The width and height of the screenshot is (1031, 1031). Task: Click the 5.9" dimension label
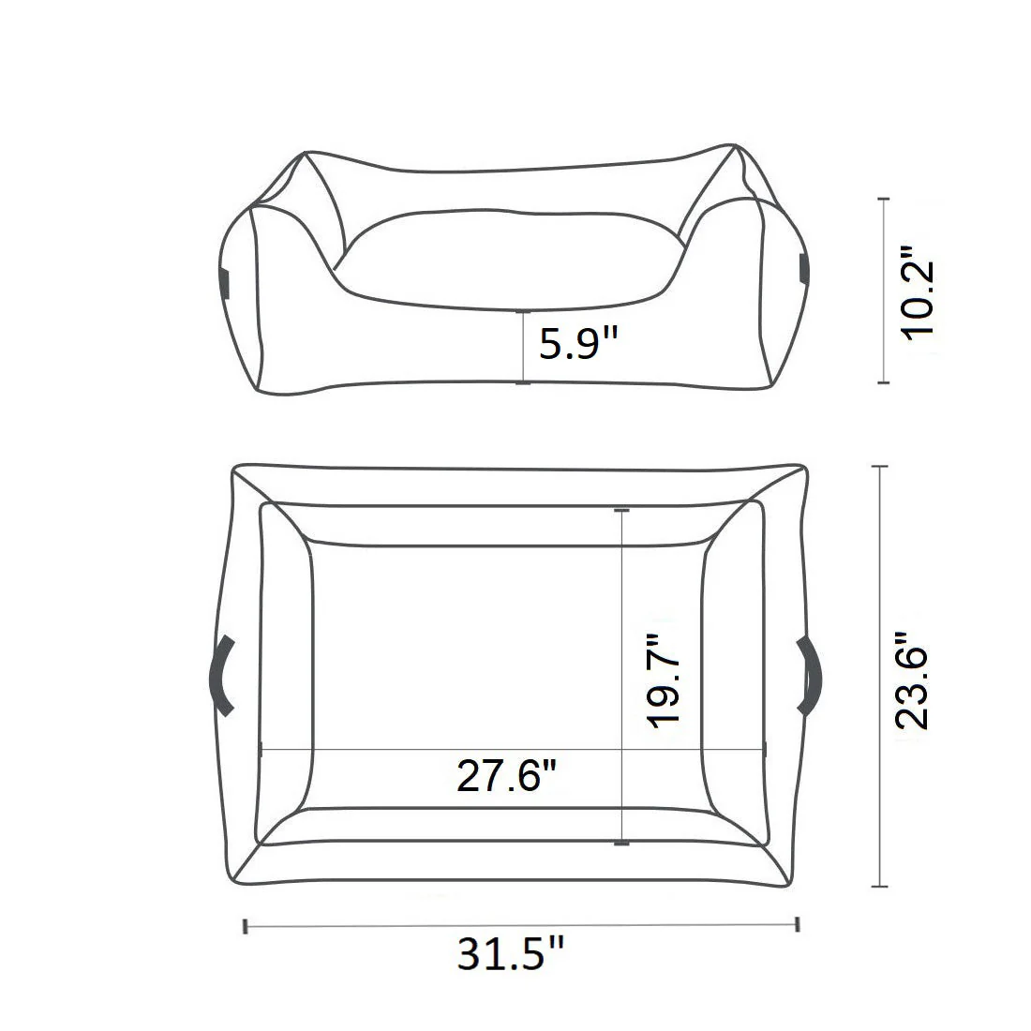tap(578, 343)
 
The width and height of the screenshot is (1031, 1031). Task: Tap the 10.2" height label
tap(918, 292)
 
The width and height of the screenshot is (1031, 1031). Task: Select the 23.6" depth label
tap(911, 680)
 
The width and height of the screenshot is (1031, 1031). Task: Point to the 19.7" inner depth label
tap(663, 680)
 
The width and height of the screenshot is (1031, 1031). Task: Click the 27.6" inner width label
tap(507, 775)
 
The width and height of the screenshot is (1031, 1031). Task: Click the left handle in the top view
tap(222, 675)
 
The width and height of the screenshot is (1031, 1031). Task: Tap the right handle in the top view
tap(810, 675)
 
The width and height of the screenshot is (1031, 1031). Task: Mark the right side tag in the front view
tap(803, 268)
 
